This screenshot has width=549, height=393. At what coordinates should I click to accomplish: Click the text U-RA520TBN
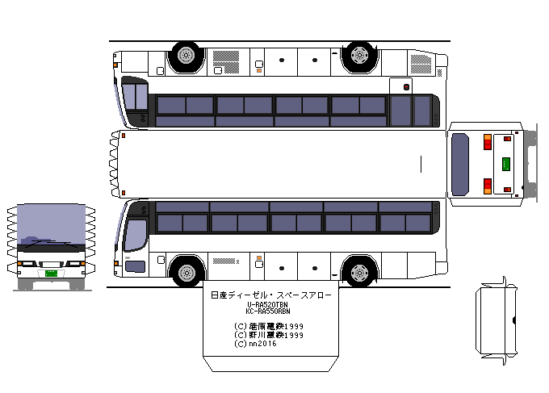(x=267, y=304)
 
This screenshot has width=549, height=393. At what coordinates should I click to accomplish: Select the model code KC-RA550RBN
(x=267, y=311)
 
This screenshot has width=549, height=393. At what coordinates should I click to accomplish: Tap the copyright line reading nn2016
(x=254, y=344)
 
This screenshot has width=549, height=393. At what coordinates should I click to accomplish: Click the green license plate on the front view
(x=50, y=273)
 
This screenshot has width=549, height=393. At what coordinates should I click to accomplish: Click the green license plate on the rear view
(x=506, y=163)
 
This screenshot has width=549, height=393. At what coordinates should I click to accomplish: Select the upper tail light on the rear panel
(x=487, y=143)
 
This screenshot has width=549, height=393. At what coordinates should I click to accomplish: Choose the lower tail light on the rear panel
(x=487, y=186)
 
